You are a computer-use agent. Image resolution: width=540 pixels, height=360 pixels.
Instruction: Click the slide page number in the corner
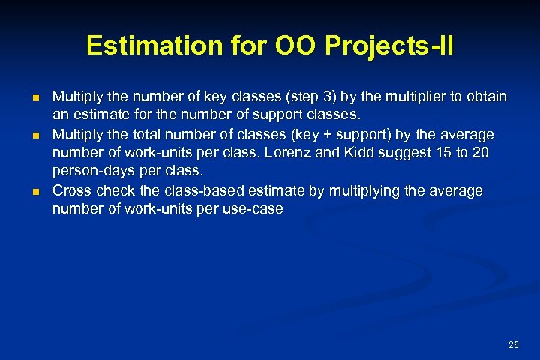pos(513,344)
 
